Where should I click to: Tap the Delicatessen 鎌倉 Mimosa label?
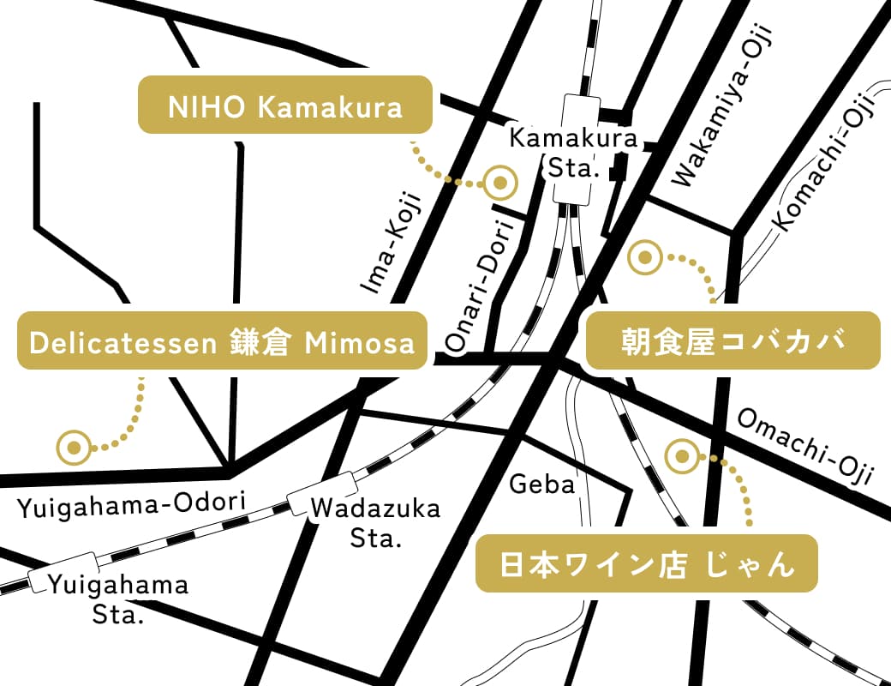pyautogui.click(x=222, y=340)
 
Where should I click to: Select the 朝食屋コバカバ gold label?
pyautogui.click(x=733, y=340)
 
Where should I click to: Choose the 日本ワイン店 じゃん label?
pyautogui.click(x=647, y=563)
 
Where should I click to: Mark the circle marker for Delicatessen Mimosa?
pyautogui.click(x=74, y=447)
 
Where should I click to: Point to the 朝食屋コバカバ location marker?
pyautogui.click(x=645, y=257)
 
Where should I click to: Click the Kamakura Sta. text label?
pyautogui.click(x=573, y=152)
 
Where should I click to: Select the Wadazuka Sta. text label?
pyautogui.click(x=374, y=523)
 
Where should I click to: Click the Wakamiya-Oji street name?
pyautogui.click(x=721, y=107)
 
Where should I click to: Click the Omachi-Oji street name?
pyautogui.click(x=804, y=446)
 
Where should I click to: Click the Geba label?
pyautogui.click(x=541, y=484)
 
